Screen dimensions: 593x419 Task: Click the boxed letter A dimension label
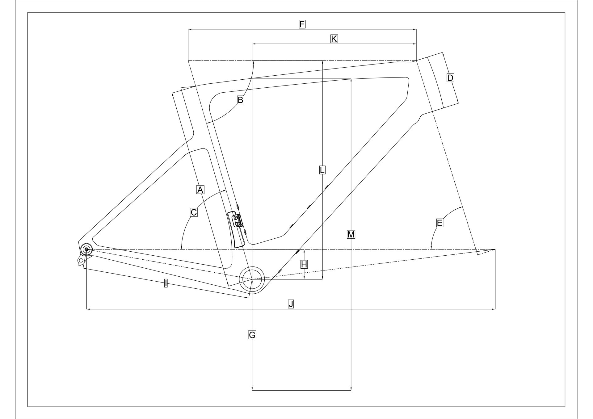pos(200,190)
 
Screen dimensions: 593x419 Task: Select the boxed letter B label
pos(240,100)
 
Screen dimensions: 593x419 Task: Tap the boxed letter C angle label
pos(194,212)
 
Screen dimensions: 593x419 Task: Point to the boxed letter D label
pos(450,78)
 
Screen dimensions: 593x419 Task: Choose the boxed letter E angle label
pos(439,223)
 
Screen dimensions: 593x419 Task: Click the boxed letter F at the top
pos(302,24)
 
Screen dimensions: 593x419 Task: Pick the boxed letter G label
pos(252,335)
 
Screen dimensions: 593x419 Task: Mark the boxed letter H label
pos(304,264)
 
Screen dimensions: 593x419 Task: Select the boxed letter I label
pos(166,283)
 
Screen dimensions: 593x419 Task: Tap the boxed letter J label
pos(291,304)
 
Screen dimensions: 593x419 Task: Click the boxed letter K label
pos(334,39)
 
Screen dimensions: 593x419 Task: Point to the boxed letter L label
pos(322,170)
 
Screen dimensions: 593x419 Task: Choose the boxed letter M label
pos(351,234)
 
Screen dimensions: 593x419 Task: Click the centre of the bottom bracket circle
pos(252,279)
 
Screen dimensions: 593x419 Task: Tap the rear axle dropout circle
pos(86,249)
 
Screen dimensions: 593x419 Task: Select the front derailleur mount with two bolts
pos(237,220)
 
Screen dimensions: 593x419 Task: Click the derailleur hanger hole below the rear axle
pos(81,261)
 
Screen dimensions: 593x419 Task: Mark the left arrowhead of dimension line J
pos(88,308)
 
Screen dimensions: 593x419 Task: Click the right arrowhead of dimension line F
pos(414,30)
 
